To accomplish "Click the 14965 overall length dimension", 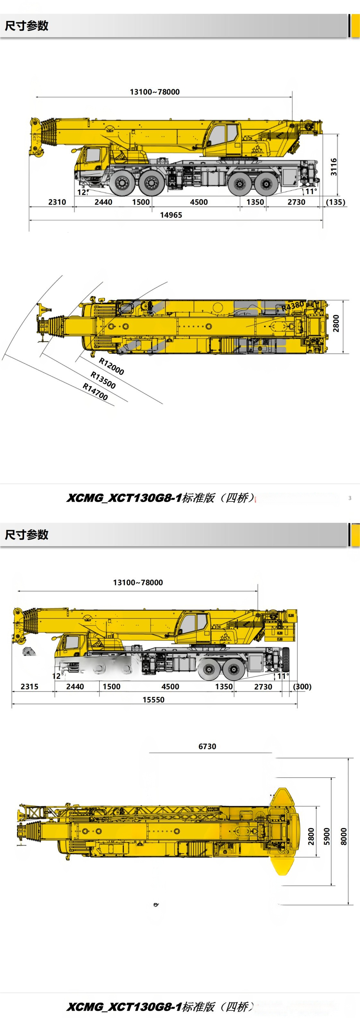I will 171,215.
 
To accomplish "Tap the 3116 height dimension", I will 334,167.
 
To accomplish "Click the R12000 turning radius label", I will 111,366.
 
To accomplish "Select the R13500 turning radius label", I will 103,380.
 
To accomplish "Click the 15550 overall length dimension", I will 153,700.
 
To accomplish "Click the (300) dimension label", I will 302,686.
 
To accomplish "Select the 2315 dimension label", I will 29,686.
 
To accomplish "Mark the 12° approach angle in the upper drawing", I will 82,192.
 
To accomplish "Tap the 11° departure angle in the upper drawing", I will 311,192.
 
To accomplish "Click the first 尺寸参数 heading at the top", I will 27,26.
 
